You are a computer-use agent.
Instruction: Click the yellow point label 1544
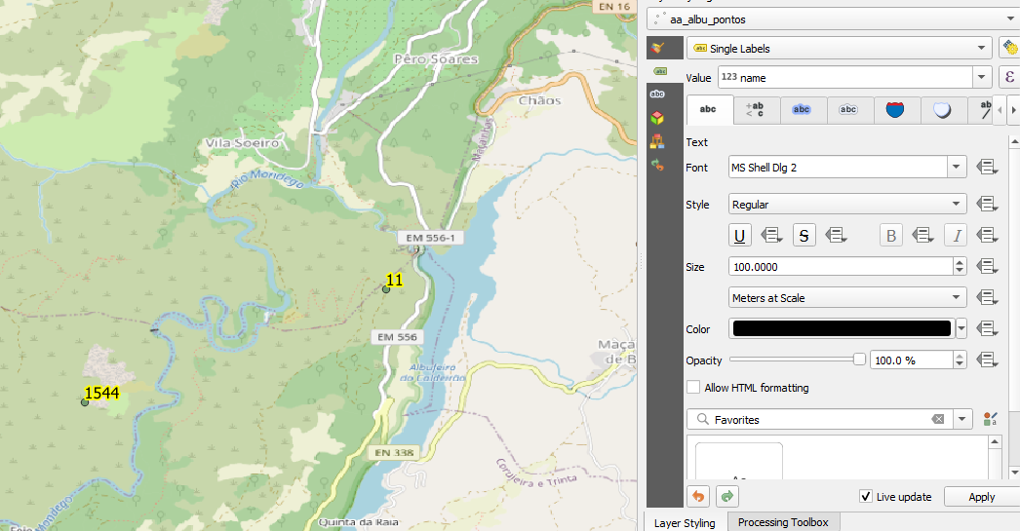[x=101, y=393]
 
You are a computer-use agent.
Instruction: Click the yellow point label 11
[x=395, y=280]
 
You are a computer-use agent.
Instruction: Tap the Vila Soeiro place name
[x=243, y=143]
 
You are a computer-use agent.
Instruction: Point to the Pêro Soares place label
[x=436, y=59]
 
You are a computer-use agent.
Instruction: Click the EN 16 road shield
[x=612, y=7]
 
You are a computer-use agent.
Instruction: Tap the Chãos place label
[x=540, y=100]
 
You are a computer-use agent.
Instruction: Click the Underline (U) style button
[x=741, y=235]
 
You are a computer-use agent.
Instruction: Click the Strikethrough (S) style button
[x=804, y=235]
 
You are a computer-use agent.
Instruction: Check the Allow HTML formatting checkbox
[x=693, y=388]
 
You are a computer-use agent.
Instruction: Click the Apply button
[x=981, y=497]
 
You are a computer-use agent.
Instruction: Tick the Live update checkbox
[x=866, y=497]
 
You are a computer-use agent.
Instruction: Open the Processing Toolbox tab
[x=782, y=522]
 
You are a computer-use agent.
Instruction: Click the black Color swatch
[x=842, y=329]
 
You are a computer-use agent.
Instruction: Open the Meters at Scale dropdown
[x=846, y=298]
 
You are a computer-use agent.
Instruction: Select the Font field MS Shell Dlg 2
[x=839, y=168]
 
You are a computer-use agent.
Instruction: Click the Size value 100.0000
[x=839, y=266]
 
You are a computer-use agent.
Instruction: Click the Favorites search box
[x=819, y=420]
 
